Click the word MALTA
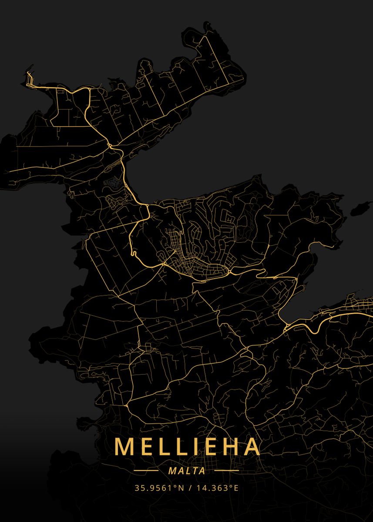click(187, 471)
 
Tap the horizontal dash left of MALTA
click(146, 471)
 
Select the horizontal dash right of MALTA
click(227, 471)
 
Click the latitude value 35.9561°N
click(159, 488)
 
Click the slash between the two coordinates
click(191, 488)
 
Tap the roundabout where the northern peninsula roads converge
click(110, 145)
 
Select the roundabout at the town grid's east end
click(230, 272)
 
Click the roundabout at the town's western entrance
click(164, 263)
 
